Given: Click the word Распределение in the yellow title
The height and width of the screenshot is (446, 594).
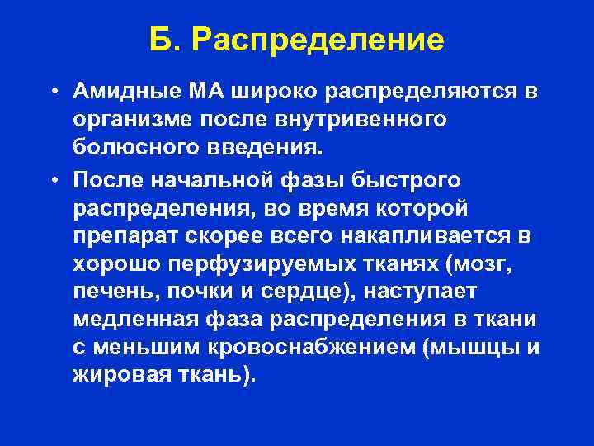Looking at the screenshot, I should click(318, 40).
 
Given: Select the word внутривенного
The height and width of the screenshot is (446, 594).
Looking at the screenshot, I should click(370, 120).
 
